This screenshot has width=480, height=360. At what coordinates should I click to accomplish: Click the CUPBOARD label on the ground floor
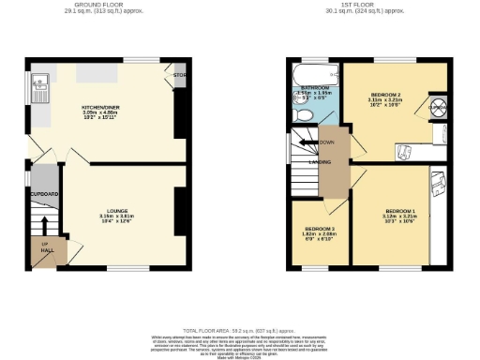(x=44, y=194)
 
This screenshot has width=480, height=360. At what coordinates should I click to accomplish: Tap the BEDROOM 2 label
(x=386, y=96)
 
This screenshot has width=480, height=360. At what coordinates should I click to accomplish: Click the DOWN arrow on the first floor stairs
(x=325, y=142)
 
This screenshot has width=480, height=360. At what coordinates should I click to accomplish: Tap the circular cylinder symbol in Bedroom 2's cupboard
(x=435, y=105)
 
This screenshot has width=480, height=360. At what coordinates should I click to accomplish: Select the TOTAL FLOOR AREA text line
(x=239, y=330)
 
